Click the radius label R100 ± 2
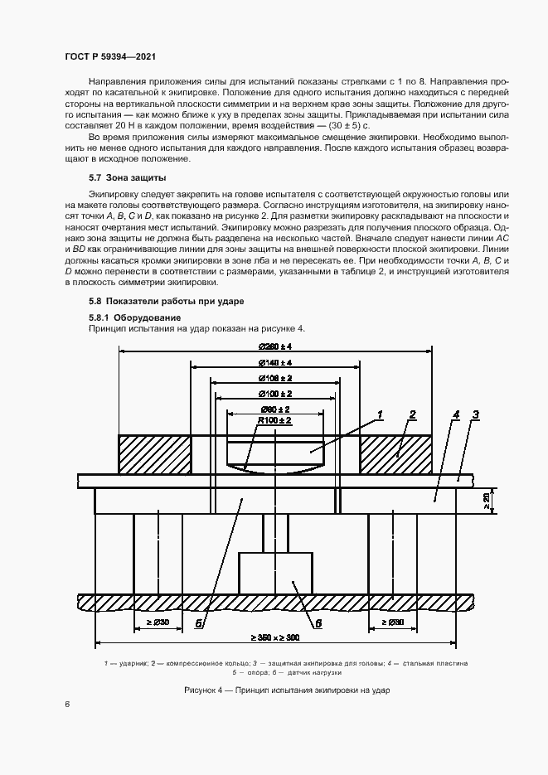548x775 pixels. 274,422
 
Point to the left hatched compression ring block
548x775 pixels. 155,455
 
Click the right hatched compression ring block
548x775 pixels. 395,455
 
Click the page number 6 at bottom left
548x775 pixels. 66,704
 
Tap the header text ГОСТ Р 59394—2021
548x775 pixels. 110,56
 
